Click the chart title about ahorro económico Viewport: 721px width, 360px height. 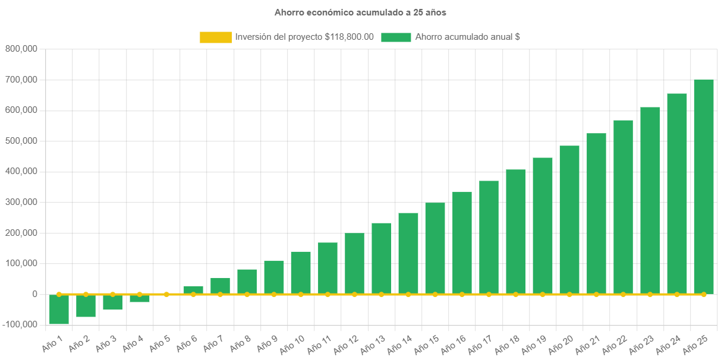(360, 12)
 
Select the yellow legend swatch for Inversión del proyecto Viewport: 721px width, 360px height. (216, 37)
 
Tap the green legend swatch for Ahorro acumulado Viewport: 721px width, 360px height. (395, 37)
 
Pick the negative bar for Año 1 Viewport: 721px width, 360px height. (59, 310)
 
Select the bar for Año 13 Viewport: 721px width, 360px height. (381, 258)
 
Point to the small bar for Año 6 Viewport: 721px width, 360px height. (193, 289)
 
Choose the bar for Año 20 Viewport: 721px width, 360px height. (569, 219)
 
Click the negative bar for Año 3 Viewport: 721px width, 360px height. (112, 302)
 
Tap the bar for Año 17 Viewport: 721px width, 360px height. (489, 237)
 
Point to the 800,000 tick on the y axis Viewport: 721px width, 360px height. (21, 49)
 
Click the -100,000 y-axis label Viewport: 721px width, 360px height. (19, 324)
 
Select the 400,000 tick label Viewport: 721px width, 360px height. (21, 171)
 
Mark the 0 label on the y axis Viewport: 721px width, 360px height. (35, 294)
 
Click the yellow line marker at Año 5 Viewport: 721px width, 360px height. (166, 294)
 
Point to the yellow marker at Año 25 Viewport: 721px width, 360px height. (703, 294)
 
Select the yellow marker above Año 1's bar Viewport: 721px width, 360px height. (59, 294)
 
